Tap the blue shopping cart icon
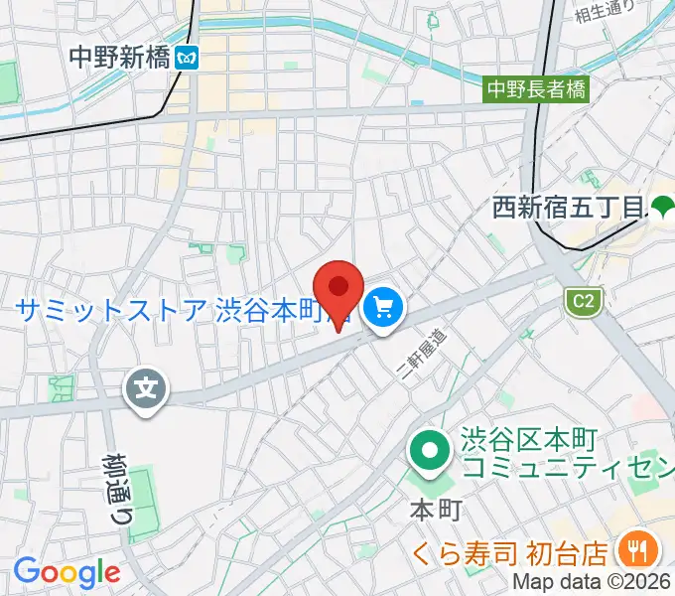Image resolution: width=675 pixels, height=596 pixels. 382,310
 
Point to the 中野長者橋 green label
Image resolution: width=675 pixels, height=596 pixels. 536,89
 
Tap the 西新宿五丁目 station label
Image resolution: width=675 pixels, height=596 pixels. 570,209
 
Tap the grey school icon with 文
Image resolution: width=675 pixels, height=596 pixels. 147,385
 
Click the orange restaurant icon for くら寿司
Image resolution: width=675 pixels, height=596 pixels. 632,548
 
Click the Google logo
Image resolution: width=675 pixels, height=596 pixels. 66,572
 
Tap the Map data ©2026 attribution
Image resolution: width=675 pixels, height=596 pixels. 592,583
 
